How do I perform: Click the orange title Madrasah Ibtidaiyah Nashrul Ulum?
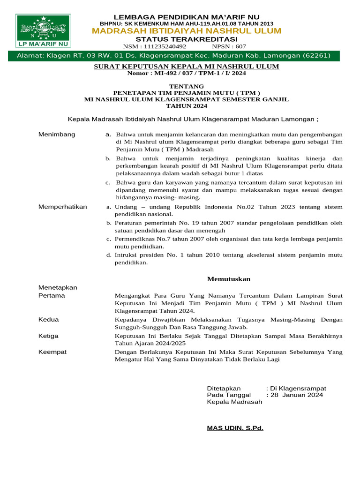(187, 31)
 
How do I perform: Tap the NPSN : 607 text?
(229, 46)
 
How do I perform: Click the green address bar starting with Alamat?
(174, 56)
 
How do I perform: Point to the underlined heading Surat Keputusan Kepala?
(187, 67)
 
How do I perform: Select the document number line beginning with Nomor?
(187, 73)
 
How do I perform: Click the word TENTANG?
(187, 86)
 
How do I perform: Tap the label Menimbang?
(56, 135)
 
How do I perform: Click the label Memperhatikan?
(62, 207)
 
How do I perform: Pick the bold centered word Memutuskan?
(229, 279)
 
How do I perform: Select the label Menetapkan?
(58, 287)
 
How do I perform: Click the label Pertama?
(52, 296)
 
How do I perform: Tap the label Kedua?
(48, 319)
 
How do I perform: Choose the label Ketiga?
(49, 336)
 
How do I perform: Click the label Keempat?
(52, 352)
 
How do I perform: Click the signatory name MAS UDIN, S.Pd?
(235, 428)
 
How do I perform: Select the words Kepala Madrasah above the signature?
(234, 402)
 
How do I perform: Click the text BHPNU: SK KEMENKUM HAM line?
(187, 23)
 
